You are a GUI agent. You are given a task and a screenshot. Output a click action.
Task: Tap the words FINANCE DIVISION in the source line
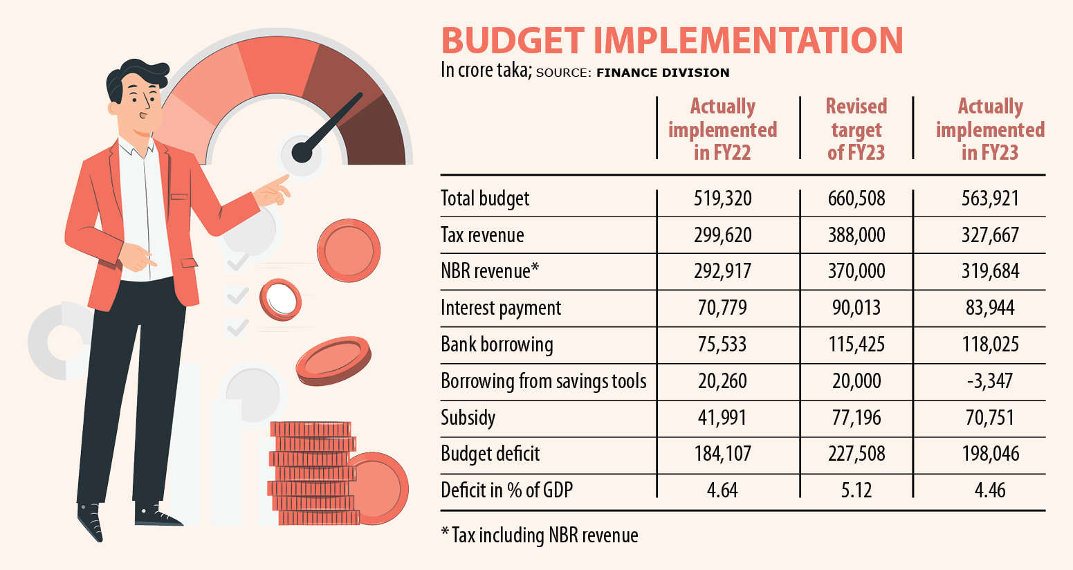click(662, 73)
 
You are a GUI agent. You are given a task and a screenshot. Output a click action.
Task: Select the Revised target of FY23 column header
click(856, 129)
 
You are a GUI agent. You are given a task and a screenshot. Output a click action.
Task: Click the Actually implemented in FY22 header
click(722, 129)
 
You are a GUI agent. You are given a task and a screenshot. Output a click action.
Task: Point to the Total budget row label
click(485, 199)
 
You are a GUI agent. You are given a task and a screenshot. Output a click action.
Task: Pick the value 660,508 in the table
click(856, 199)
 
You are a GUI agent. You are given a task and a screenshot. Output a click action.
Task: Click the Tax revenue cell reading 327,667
click(990, 235)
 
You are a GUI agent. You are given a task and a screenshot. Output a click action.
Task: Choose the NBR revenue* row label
click(489, 271)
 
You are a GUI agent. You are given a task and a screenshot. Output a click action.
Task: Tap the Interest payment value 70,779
click(722, 308)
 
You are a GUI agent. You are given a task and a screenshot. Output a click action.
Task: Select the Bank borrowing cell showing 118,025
click(990, 344)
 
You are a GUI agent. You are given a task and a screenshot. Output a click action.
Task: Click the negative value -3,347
click(990, 381)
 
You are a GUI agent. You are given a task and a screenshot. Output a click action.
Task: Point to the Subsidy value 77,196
click(856, 418)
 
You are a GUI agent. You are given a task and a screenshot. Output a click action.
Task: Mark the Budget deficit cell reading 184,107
click(722, 454)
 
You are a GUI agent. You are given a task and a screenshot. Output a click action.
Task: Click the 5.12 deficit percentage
click(856, 490)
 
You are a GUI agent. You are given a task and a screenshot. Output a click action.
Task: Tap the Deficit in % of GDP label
click(506, 490)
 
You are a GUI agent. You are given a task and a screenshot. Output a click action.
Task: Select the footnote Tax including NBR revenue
click(540, 535)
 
